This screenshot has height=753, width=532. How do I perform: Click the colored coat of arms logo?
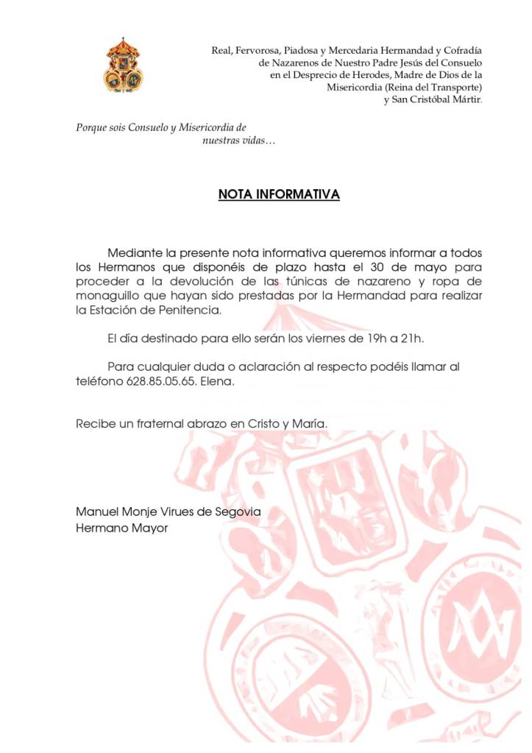pyautogui.click(x=123, y=66)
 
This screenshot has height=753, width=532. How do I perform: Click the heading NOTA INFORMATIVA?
pyautogui.click(x=279, y=195)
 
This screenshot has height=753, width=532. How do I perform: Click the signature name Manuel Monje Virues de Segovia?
pyautogui.click(x=169, y=512)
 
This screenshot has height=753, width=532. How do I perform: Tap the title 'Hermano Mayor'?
pyautogui.click(x=122, y=528)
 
